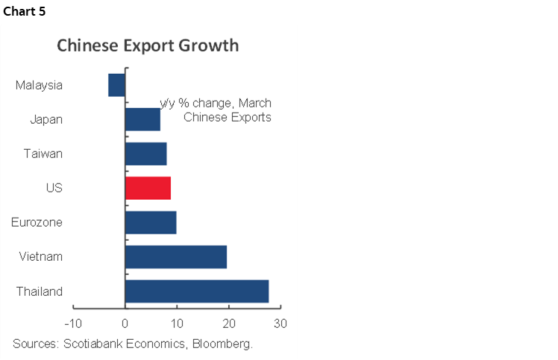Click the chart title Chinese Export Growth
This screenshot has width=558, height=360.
(x=148, y=46)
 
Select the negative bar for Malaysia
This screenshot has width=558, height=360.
(x=116, y=85)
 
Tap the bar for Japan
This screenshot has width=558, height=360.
(x=142, y=119)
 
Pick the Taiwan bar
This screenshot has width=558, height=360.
(x=145, y=154)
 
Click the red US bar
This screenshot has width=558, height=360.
(x=148, y=188)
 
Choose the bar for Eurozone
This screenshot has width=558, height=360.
(x=150, y=222)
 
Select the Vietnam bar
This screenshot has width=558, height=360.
(x=175, y=256)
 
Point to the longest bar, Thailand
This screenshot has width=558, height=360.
(x=196, y=291)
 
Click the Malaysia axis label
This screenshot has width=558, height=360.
(x=39, y=85)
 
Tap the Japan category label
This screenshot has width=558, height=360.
(x=46, y=119)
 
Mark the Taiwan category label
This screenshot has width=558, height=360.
(x=43, y=154)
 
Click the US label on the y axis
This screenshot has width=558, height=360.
(x=54, y=188)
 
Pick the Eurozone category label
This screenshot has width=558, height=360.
(x=37, y=222)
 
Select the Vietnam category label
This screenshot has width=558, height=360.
(x=41, y=256)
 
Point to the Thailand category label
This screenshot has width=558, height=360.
(x=40, y=291)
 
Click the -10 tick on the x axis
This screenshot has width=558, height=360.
(x=72, y=324)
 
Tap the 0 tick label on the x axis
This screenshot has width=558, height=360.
(x=125, y=324)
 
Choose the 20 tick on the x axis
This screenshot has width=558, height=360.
(x=228, y=324)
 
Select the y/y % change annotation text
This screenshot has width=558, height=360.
(x=216, y=104)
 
